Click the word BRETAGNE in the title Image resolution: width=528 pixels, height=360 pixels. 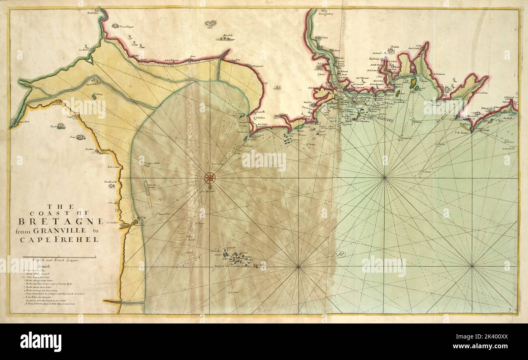[61, 222]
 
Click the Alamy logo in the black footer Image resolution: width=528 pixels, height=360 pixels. [41, 339]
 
